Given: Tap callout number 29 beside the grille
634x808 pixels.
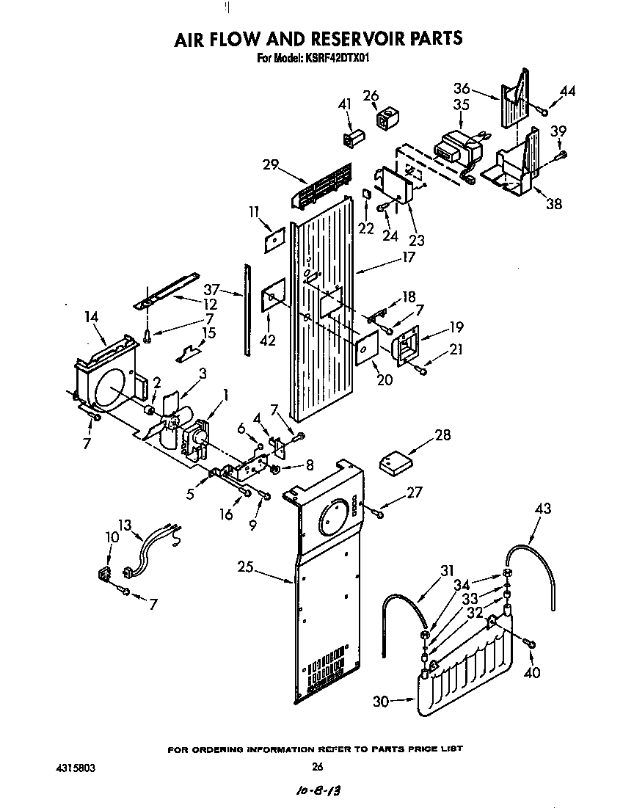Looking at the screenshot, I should coord(270,164).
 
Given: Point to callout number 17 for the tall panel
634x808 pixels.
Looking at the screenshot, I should coord(409,257).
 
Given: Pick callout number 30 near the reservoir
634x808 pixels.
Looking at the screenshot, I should coord(381,702).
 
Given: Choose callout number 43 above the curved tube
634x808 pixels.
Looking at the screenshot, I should coord(544,509).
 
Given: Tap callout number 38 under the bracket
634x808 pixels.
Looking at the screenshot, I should coord(554,203).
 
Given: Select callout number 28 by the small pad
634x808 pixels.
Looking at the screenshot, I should coord(443,436).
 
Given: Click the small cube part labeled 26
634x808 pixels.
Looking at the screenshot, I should coord(387,117).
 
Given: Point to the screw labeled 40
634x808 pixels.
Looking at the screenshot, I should coord(530,644).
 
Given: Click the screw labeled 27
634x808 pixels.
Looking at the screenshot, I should coord(378,513).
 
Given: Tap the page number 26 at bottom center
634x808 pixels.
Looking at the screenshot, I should coord(317,768).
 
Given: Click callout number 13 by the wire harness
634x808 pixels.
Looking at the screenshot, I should coord(125,524).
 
